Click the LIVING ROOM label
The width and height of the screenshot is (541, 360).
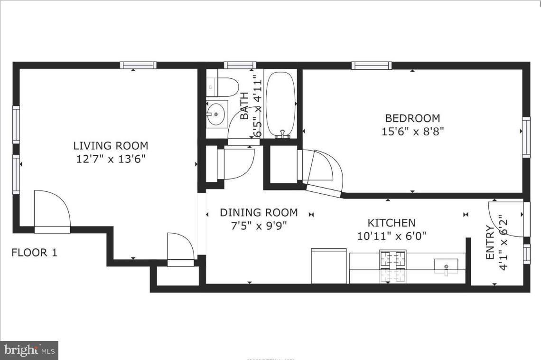click(x=111, y=146)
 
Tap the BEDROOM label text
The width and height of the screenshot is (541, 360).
click(x=412, y=118)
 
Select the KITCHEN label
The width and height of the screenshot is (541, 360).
click(x=392, y=223)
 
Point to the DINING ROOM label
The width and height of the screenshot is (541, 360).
click(x=259, y=212)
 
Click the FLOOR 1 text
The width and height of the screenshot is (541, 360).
click(x=34, y=253)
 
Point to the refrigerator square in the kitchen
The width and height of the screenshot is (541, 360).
click(x=329, y=266)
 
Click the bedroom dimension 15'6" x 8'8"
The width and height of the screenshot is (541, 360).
click(x=413, y=131)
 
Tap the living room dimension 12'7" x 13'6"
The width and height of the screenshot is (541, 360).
click(x=111, y=159)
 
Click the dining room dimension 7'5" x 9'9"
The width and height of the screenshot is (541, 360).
click(x=259, y=226)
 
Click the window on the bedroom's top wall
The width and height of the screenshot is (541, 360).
click(x=372, y=66)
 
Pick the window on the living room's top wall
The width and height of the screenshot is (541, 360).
click(x=138, y=66)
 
